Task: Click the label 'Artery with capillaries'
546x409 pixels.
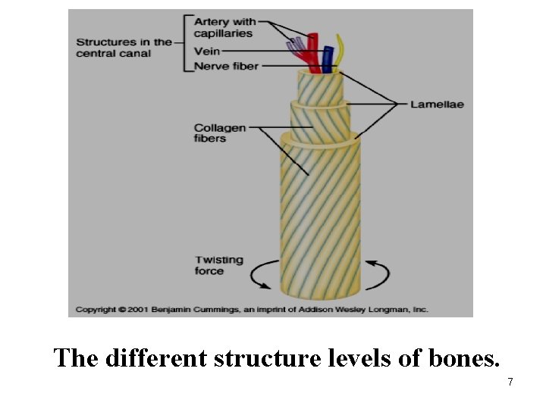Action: click(x=225, y=28)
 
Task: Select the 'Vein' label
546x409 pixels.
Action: click(x=207, y=51)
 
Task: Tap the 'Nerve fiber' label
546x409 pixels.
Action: click(x=226, y=66)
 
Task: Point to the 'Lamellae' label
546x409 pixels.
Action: click(x=437, y=104)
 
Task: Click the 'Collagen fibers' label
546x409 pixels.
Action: click(x=220, y=133)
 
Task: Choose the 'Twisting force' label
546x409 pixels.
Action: click(x=219, y=265)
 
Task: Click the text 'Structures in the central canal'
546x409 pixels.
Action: click(x=124, y=48)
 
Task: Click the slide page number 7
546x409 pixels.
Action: click(x=510, y=382)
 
